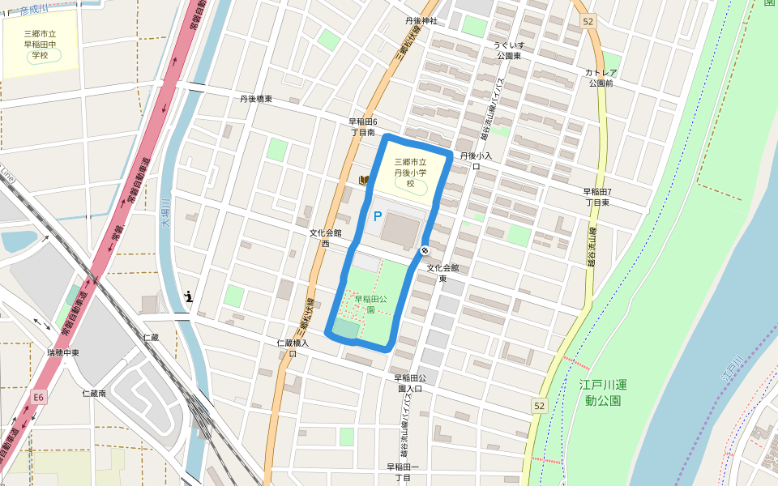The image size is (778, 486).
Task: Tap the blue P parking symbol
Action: tap(377, 217)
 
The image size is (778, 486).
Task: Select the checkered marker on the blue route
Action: tap(425, 250)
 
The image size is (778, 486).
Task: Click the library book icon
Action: tap(364, 180)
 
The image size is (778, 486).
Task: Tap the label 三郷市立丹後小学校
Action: tap(411, 173)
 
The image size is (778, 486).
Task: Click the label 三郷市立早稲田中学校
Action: tap(39, 45)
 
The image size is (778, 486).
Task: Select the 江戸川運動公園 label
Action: tap(601, 392)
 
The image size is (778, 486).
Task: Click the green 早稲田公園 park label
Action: tap(370, 304)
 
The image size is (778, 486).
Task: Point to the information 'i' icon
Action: tap(189, 296)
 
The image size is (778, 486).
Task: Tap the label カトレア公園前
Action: tap(601, 78)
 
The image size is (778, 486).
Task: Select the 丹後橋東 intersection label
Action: tap(255, 99)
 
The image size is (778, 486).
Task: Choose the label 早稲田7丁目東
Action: tap(597, 197)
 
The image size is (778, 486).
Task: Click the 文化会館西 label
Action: tap(325, 237)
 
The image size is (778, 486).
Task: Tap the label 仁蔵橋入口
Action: tap(293, 348)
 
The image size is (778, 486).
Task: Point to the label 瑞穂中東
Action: tap(63, 353)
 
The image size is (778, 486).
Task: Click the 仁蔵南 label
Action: tap(94, 394)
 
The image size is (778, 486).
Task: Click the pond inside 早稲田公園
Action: tap(345, 329)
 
